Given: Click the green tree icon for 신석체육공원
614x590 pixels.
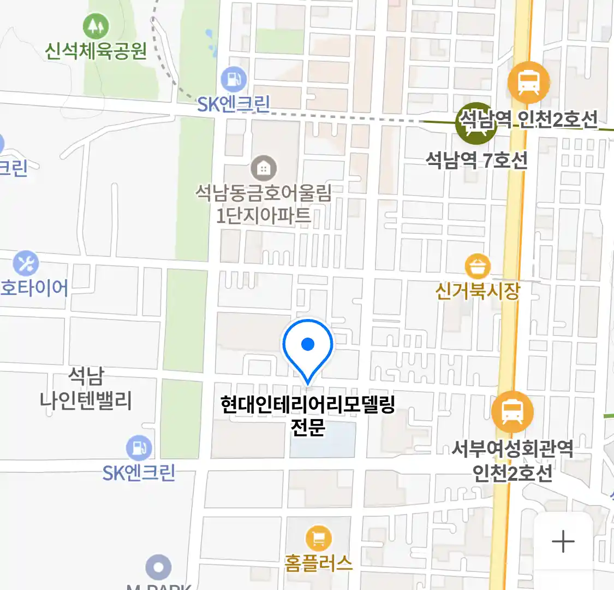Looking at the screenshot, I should pos(96,26).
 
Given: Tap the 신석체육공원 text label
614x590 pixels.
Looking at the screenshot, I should pos(96,51).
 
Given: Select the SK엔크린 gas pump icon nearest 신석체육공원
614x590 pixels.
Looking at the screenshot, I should pos(234,80).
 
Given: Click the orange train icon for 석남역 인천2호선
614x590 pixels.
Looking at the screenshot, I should pos(528,82).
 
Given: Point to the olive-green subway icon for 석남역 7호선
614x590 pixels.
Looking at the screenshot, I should pos(476,123).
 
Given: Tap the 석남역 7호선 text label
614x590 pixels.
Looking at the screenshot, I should pos(476,161).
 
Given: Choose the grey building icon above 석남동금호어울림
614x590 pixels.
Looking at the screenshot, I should pos(264,168).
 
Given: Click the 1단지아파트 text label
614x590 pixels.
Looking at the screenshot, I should pos(264,216).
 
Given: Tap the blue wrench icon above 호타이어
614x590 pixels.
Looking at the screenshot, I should pos(26,264).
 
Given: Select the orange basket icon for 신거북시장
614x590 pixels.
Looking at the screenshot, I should pos(478,267).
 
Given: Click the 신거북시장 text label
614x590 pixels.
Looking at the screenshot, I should pos(478,291).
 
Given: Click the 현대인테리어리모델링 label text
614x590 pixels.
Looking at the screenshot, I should pos(308,405).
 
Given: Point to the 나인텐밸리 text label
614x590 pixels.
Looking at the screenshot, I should pos(86,401).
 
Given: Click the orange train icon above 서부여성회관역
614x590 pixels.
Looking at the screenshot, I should pos(512,412).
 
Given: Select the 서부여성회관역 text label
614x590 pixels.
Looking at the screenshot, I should pos(512,449).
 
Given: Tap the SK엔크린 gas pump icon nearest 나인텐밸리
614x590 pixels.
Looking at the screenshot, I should pos(139,448).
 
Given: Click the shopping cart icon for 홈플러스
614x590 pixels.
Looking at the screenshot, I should pos(319,539).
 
